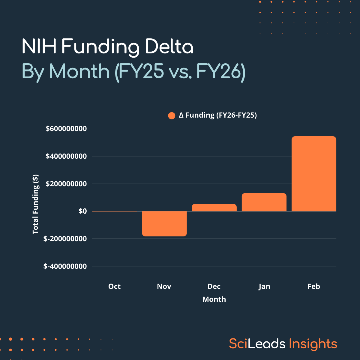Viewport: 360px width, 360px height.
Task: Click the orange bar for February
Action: pyautogui.click(x=314, y=174)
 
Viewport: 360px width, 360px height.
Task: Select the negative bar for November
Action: pyautogui.click(x=164, y=223)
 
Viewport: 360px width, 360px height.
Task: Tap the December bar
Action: pyautogui.click(x=214, y=208)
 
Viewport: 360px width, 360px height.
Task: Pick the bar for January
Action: pyautogui.click(x=264, y=202)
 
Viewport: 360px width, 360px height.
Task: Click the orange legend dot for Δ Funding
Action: pyautogui.click(x=172, y=115)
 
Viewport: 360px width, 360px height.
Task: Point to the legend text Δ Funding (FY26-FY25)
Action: pyautogui.click(x=218, y=115)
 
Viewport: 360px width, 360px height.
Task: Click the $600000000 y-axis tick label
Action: pyautogui.click(x=66, y=129)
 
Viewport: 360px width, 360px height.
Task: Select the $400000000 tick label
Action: pyautogui.click(x=66, y=156)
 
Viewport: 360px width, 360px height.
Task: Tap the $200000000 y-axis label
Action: pyautogui.click(x=66, y=184)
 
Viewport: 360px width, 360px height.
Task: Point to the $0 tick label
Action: pyautogui.click(x=82, y=211)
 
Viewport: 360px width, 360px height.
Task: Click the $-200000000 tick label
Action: pyautogui.click(x=65, y=239)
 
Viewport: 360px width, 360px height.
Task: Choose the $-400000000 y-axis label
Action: pyautogui.click(x=65, y=266)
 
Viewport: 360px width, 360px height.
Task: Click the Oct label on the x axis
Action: pyautogui.click(x=114, y=286)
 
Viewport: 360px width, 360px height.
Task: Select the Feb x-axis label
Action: pyautogui.click(x=314, y=286)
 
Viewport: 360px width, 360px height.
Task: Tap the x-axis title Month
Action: pyautogui.click(x=214, y=299)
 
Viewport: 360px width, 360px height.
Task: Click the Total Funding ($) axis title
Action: pyautogui.click(x=36, y=204)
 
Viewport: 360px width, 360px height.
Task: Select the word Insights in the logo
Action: pyautogui.click(x=313, y=344)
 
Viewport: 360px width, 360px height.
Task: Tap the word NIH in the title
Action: pyautogui.click(x=39, y=47)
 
